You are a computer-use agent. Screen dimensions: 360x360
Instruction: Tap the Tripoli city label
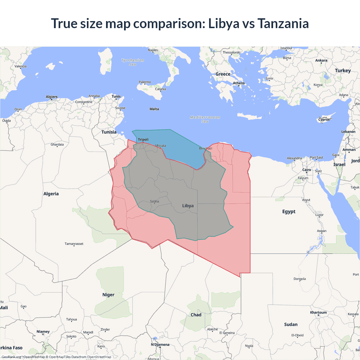click(143, 139)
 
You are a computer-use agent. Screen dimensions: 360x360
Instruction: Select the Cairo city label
click(307, 170)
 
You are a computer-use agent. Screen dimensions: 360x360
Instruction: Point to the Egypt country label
click(289, 211)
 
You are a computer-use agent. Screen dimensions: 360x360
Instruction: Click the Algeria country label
click(51, 194)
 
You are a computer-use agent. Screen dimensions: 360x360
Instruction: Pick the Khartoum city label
click(318, 312)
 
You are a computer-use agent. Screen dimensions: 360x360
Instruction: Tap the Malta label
click(154, 109)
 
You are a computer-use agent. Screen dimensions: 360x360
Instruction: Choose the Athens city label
click(239, 83)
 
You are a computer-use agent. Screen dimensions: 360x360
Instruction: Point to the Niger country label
click(108, 295)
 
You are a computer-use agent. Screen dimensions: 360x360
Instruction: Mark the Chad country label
click(196, 315)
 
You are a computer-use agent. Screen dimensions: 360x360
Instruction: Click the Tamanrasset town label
click(74, 244)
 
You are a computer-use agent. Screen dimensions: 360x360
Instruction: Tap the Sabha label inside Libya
click(154, 201)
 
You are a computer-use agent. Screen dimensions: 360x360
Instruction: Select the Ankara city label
click(321, 60)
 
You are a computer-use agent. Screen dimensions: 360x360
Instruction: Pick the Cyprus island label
click(324, 120)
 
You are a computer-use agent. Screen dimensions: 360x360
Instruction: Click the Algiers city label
click(51, 97)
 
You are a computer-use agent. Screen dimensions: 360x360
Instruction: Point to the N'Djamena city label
click(160, 345)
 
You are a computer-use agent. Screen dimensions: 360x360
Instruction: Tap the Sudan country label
click(291, 325)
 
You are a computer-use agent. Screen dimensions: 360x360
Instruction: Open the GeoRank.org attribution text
click(11, 357)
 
